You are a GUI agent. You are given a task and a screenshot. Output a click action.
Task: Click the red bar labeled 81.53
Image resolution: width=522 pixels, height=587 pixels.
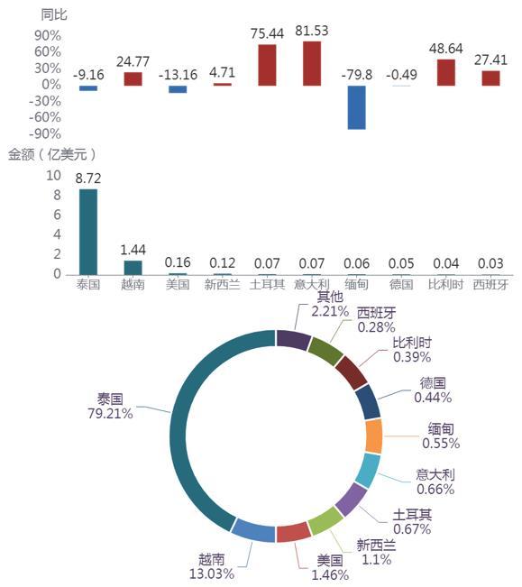[312, 64]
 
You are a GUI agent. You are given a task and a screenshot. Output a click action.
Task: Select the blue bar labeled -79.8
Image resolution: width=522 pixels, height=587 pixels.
[357, 107]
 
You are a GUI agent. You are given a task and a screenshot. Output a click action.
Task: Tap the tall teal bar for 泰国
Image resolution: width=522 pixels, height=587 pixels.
[88, 232]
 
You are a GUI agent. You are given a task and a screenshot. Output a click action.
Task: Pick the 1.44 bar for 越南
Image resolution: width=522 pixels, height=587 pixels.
[133, 268]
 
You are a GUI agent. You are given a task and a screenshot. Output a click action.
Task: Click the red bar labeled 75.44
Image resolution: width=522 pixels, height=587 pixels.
[267, 65]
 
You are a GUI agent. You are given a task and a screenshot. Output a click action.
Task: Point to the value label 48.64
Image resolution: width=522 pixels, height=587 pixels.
[445, 49]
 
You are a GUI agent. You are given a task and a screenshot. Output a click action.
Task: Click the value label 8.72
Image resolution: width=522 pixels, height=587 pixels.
[88, 179]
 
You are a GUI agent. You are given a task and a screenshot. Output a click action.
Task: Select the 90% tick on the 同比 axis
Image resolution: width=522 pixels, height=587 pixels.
[48, 36]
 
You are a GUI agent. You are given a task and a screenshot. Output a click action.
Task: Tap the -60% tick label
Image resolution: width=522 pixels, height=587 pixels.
[45, 117]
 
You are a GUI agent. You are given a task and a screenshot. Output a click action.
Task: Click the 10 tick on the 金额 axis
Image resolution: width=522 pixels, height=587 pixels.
[53, 175]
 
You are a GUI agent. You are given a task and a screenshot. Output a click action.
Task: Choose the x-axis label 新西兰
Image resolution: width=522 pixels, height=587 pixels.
[223, 285]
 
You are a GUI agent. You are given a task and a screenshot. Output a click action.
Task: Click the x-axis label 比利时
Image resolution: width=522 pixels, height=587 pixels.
[445, 285]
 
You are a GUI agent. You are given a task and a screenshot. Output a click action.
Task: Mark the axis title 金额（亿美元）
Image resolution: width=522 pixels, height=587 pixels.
[51, 154]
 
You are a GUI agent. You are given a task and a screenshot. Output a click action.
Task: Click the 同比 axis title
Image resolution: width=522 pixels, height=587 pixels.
[54, 15]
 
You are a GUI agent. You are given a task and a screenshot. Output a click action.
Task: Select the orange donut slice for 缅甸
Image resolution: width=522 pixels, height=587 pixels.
[374, 436]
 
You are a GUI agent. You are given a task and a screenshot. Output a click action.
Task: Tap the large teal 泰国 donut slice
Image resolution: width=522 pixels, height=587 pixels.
[179, 430]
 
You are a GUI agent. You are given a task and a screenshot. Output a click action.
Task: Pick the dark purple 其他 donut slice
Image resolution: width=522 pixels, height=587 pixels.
[293, 339]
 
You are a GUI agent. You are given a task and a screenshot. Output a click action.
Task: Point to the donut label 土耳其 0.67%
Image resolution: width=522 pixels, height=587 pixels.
[412, 522]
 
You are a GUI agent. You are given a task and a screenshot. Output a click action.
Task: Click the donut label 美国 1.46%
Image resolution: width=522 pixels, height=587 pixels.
[330, 567]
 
